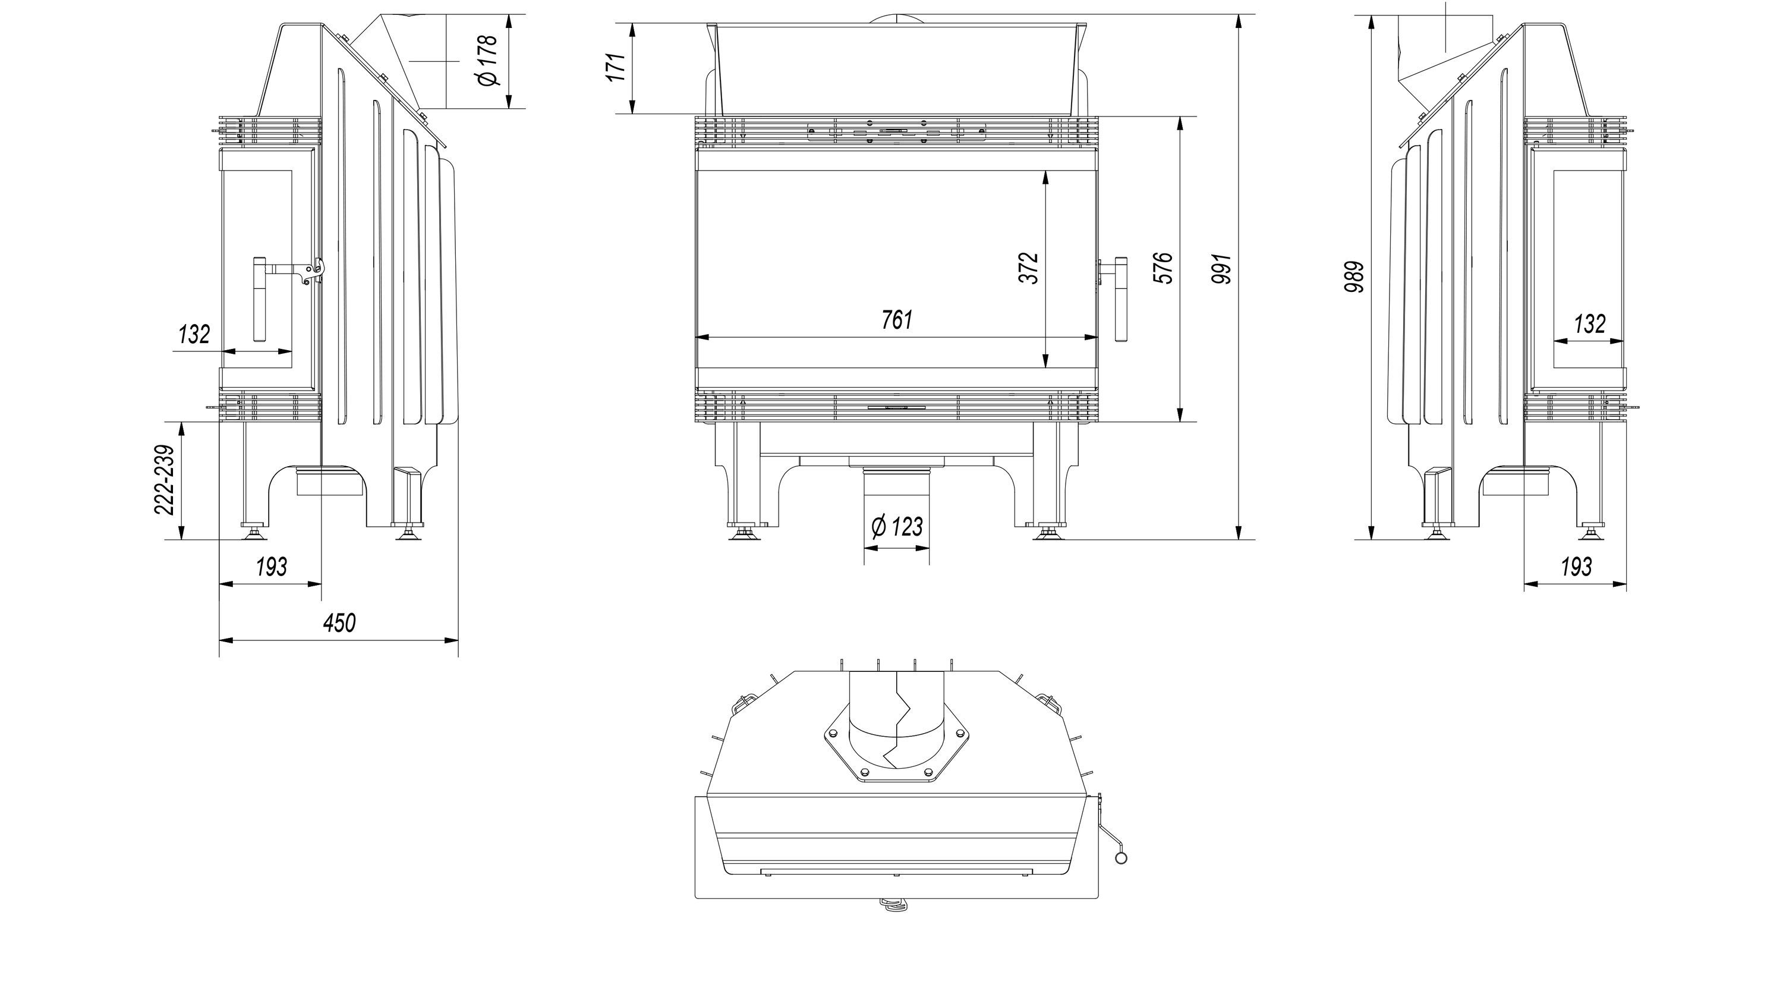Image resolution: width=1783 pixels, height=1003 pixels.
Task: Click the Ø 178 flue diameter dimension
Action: coord(488,60)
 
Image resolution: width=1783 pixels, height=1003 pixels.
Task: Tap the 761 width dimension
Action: coord(897,320)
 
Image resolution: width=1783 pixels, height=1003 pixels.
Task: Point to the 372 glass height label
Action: coord(1029,268)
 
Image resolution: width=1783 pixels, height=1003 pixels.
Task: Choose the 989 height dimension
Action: coord(1354,276)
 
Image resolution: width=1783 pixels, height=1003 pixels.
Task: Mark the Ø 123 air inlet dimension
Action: coord(897,526)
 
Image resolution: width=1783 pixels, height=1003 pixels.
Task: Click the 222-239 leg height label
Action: coord(164,480)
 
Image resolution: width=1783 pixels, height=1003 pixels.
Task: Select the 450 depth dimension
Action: coord(339,623)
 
